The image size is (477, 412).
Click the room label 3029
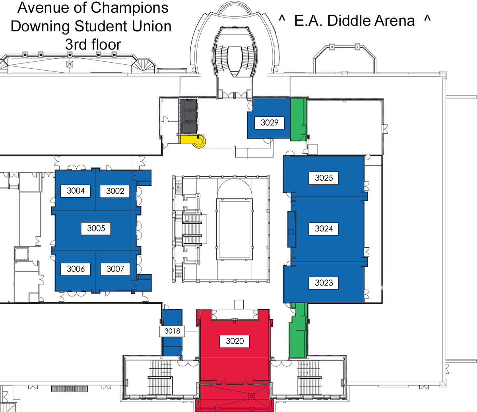[x=270, y=123]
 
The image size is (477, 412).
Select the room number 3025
[x=324, y=178]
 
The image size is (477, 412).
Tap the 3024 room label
[x=324, y=229]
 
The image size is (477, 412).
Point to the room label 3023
[x=324, y=283]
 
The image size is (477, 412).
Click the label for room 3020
[x=235, y=341]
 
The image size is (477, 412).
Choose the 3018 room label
[x=172, y=331]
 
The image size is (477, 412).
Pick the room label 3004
[x=76, y=191]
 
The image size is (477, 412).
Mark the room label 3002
[x=115, y=191]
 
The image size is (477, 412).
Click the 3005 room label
[x=96, y=228]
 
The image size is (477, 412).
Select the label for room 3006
[x=76, y=269]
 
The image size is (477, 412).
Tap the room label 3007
[x=115, y=269]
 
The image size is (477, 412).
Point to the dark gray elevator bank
[x=188, y=116]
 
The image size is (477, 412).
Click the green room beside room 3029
[x=299, y=119]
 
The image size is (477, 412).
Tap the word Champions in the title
[x=130, y=8]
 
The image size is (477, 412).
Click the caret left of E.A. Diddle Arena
[x=282, y=18]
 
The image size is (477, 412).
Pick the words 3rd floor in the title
[x=93, y=44]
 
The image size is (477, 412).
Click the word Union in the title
[x=152, y=26]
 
